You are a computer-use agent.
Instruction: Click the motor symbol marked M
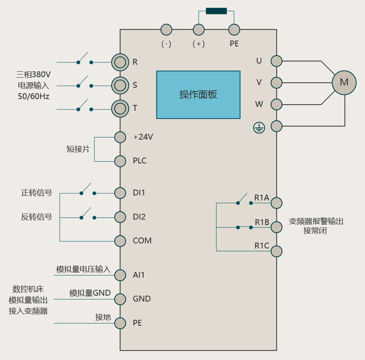[x=344, y=82]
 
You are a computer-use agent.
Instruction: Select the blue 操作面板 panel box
[x=198, y=95]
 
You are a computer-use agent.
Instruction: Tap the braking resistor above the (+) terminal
[x=216, y=11]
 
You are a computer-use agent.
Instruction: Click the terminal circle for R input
[x=120, y=62]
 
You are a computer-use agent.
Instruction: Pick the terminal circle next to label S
[x=120, y=85]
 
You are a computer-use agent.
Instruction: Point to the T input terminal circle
[x=120, y=108]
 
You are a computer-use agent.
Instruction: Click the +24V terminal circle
[x=120, y=137]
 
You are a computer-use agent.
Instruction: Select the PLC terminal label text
[x=140, y=161]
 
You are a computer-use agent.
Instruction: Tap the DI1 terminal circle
[x=120, y=193]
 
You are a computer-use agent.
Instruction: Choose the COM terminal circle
[x=120, y=241]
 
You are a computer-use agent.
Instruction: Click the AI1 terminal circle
[x=120, y=275]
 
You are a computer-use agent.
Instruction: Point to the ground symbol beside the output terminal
[x=259, y=127]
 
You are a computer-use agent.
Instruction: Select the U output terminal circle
[x=276, y=61]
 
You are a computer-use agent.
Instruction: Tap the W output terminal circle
[x=276, y=105]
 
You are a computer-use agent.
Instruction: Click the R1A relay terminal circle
[x=276, y=203]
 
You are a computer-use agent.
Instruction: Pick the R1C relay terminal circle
[x=276, y=251]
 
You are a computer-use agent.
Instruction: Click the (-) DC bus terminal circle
[x=167, y=29]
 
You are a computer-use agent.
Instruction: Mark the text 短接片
[x=78, y=149]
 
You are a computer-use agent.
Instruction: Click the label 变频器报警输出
[x=316, y=222]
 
